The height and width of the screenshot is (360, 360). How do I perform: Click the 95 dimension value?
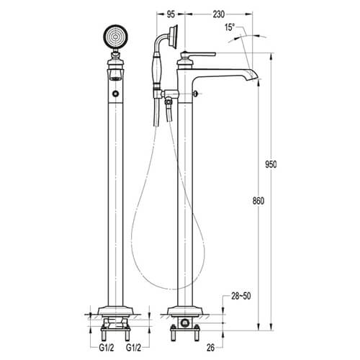click(171, 14)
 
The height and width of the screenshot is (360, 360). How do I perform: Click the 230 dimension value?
click(219, 14)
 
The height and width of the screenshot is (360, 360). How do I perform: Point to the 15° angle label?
click(230, 27)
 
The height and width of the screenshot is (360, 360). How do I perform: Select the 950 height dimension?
click(271, 164)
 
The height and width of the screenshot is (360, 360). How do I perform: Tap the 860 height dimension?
click(258, 201)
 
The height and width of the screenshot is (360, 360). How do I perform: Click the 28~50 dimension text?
click(241, 296)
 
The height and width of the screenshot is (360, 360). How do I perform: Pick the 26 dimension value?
click(211, 348)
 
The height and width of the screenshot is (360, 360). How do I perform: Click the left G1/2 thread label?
click(107, 348)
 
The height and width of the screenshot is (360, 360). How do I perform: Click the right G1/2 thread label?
click(134, 348)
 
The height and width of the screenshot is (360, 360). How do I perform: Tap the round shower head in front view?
click(116, 37)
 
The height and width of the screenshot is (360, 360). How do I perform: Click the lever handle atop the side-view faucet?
click(199, 54)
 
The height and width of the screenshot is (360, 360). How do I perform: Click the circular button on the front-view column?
click(116, 94)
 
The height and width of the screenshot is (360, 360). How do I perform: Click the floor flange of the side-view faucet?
click(185, 310)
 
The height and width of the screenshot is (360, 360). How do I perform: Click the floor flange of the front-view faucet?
click(115, 310)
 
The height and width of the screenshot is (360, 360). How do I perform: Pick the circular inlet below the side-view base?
click(185, 323)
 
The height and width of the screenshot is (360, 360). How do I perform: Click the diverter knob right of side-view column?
click(197, 94)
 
